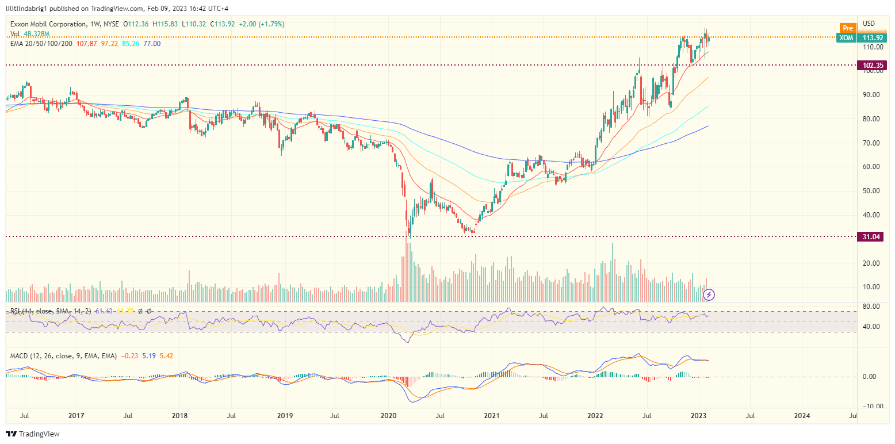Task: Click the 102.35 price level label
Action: (872, 65)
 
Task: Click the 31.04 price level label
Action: (872, 236)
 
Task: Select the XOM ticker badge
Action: (846, 37)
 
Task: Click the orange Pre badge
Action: (847, 28)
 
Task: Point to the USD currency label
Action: (869, 24)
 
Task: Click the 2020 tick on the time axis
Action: (389, 415)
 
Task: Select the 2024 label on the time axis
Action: (802, 415)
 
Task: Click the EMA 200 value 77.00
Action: (152, 44)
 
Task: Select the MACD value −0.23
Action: (128, 356)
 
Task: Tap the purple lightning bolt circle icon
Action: (709, 294)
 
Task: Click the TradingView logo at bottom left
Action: (33, 434)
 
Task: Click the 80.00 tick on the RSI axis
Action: (870, 306)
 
